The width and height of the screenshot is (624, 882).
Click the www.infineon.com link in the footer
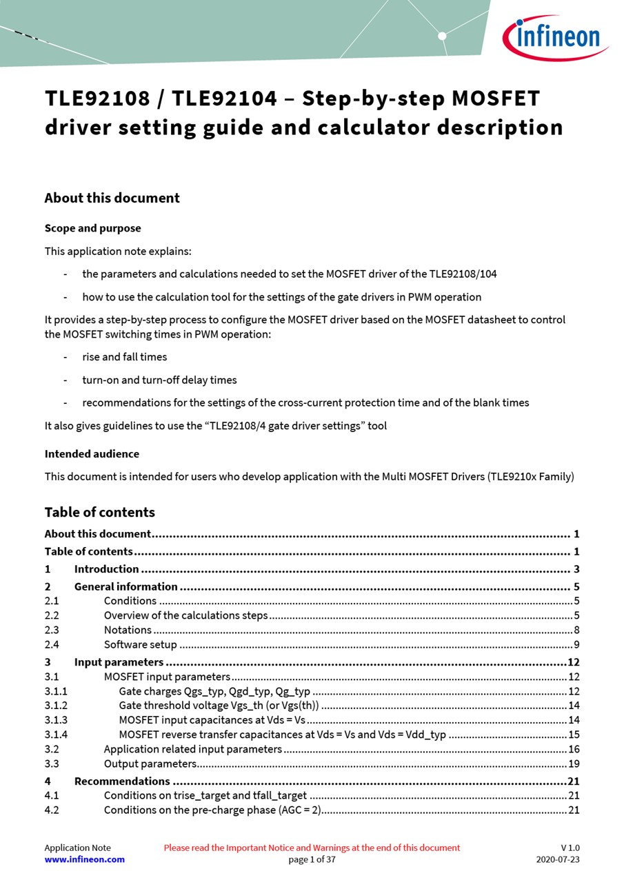pyautogui.click(x=84, y=859)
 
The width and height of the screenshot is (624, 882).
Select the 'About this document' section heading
pyautogui.click(x=112, y=198)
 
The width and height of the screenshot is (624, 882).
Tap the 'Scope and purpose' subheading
pyautogui.click(x=92, y=228)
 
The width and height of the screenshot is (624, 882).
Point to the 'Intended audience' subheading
pyautogui.click(x=92, y=453)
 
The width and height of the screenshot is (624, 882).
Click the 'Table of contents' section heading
pyautogui.click(x=99, y=512)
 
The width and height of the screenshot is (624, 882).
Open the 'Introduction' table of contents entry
pyautogui.click(x=106, y=569)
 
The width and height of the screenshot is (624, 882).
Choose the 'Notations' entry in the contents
pyautogui.click(x=128, y=630)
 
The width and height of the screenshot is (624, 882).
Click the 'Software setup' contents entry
pyautogui.click(x=140, y=645)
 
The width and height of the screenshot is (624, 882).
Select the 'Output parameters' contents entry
pyautogui.click(x=150, y=763)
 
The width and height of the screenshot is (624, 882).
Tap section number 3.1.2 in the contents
pyautogui.click(x=56, y=705)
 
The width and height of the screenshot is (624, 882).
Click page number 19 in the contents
pyautogui.click(x=574, y=763)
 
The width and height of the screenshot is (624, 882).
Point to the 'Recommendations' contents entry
pyautogui.click(x=122, y=781)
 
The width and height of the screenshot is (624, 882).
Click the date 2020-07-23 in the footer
pyautogui.click(x=558, y=859)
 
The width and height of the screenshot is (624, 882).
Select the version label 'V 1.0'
pyautogui.click(x=570, y=848)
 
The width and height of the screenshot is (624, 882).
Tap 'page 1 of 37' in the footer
pyautogui.click(x=312, y=859)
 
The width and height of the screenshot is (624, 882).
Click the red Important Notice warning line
pyautogui.click(x=312, y=848)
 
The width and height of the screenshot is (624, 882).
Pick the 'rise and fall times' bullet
pyautogui.click(x=124, y=357)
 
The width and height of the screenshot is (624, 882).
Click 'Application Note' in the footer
pyautogui.click(x=77, y=848)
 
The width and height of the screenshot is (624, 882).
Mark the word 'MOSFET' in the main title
pyautogui.click(x=495, y=99)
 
